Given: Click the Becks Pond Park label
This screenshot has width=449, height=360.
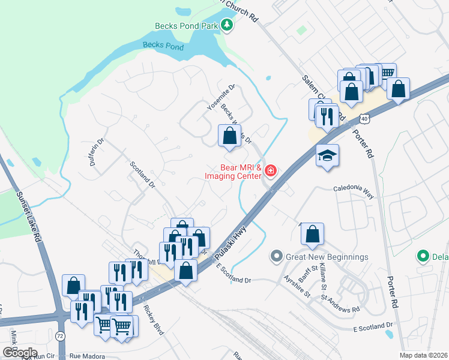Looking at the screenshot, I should pyautogui.click(x=185, y=26).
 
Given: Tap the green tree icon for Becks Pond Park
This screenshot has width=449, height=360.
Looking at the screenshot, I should pyautogui.click(x=228, y=25).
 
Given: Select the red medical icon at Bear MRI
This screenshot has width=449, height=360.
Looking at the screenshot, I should pyautogui.click(x=271, y=172).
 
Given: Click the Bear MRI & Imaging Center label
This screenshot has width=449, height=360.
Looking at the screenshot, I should pyautogui.click(x=233, y=171).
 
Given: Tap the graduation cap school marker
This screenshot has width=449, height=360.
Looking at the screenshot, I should pyautogui.click(x=327, y=156).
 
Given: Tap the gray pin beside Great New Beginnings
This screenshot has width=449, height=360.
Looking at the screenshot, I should pyautogui.click(x=277, y=257).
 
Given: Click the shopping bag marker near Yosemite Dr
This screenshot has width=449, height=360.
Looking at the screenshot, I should pyautogui.click(x=229, y=136).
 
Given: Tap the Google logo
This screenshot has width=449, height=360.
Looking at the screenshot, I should pyautogui.click(x=20, y=352).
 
